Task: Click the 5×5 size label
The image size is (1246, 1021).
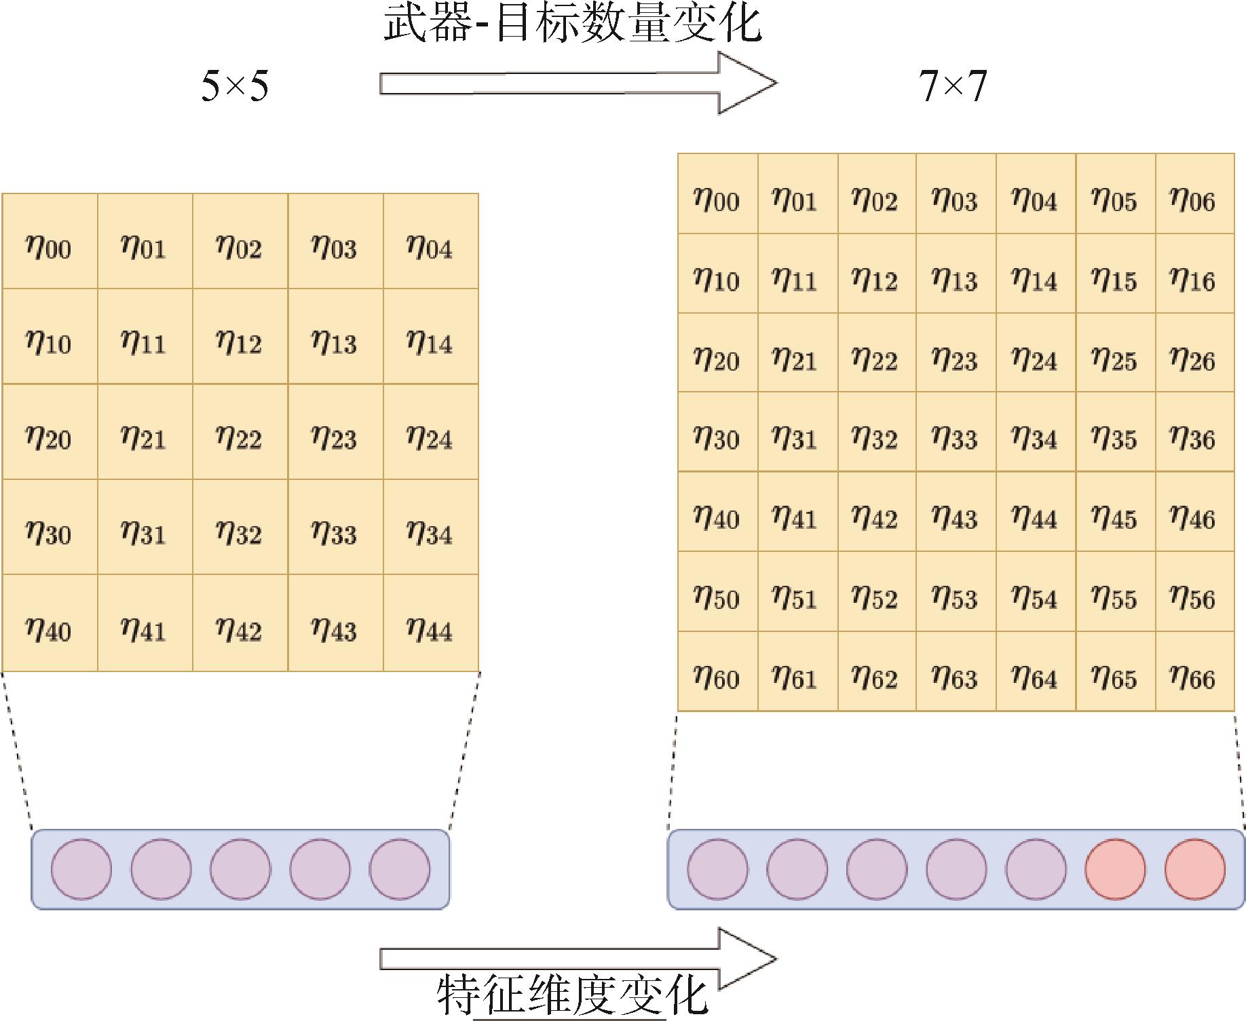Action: [x=235, y=86]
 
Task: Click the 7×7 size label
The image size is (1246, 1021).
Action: [x=953, y=86]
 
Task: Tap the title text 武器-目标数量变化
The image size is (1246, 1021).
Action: [x=573, y=23]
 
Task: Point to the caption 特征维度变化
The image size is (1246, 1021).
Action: [x=573, y=995]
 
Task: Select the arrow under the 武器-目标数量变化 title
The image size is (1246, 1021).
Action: [x=578, y=83]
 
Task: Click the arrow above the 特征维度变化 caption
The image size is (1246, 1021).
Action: [x=578, y=958]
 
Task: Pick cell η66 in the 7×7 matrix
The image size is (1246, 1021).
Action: [x=1195, y=671]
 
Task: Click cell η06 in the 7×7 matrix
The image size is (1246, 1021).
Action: [x=1195, y=193]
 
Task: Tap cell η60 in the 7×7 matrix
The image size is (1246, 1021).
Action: [x=717, y=671]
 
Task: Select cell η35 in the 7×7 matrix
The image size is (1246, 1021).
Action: [x=1116, y=432]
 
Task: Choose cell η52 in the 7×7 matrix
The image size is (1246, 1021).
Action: [x=877, y=592]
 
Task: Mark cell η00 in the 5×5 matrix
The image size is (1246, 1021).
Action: [x=50, y=241]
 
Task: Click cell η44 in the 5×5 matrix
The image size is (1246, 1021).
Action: [x=431, y=623]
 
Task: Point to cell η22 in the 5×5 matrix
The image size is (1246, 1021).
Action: [x=240, y=432]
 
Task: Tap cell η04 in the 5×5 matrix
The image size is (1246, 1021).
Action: [x=431, y=241]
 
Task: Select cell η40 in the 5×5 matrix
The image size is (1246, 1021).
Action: [x=50, y=623]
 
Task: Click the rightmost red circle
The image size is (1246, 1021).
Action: [x=1195, y=870]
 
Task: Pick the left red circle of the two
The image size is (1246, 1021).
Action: [x=1115, y=870]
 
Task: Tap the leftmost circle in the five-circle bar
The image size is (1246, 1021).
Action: [x=81, y=870]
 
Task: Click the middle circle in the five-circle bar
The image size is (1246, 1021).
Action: [x=240, y=870]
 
